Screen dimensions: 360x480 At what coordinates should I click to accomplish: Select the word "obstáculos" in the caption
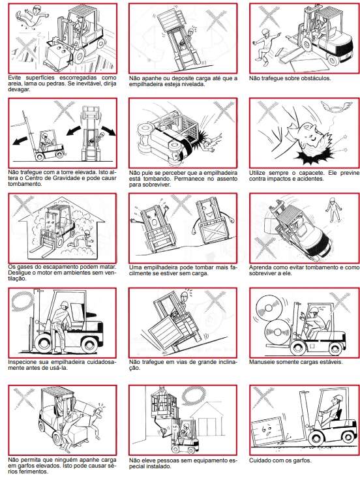click(316, 78)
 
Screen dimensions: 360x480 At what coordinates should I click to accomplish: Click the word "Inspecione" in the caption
click(20, 362)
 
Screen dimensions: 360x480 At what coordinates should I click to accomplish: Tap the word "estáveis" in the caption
click(331, 362)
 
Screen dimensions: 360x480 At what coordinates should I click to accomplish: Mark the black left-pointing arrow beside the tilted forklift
click(23, 140)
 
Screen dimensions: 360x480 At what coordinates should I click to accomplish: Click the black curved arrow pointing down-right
click(108, 130)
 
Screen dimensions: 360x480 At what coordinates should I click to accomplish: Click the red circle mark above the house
click(194, 395)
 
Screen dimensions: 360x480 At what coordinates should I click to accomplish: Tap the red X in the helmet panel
click(267, 112)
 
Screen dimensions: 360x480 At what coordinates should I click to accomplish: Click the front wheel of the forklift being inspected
click(44, 344)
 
